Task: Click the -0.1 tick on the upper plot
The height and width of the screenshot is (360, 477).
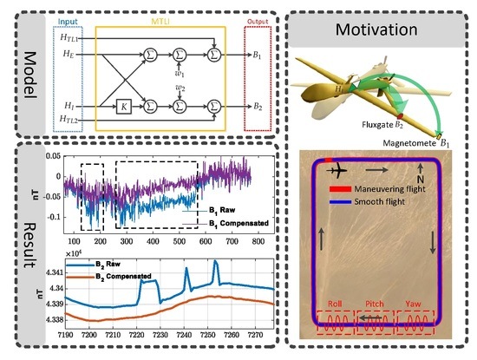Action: click(x=55, y=214)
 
